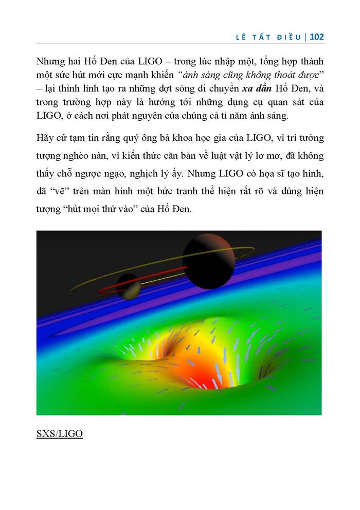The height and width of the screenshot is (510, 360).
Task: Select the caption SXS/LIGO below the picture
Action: [x=59, y=433]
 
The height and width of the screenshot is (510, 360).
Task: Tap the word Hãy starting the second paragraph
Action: [x=45, y=138]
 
